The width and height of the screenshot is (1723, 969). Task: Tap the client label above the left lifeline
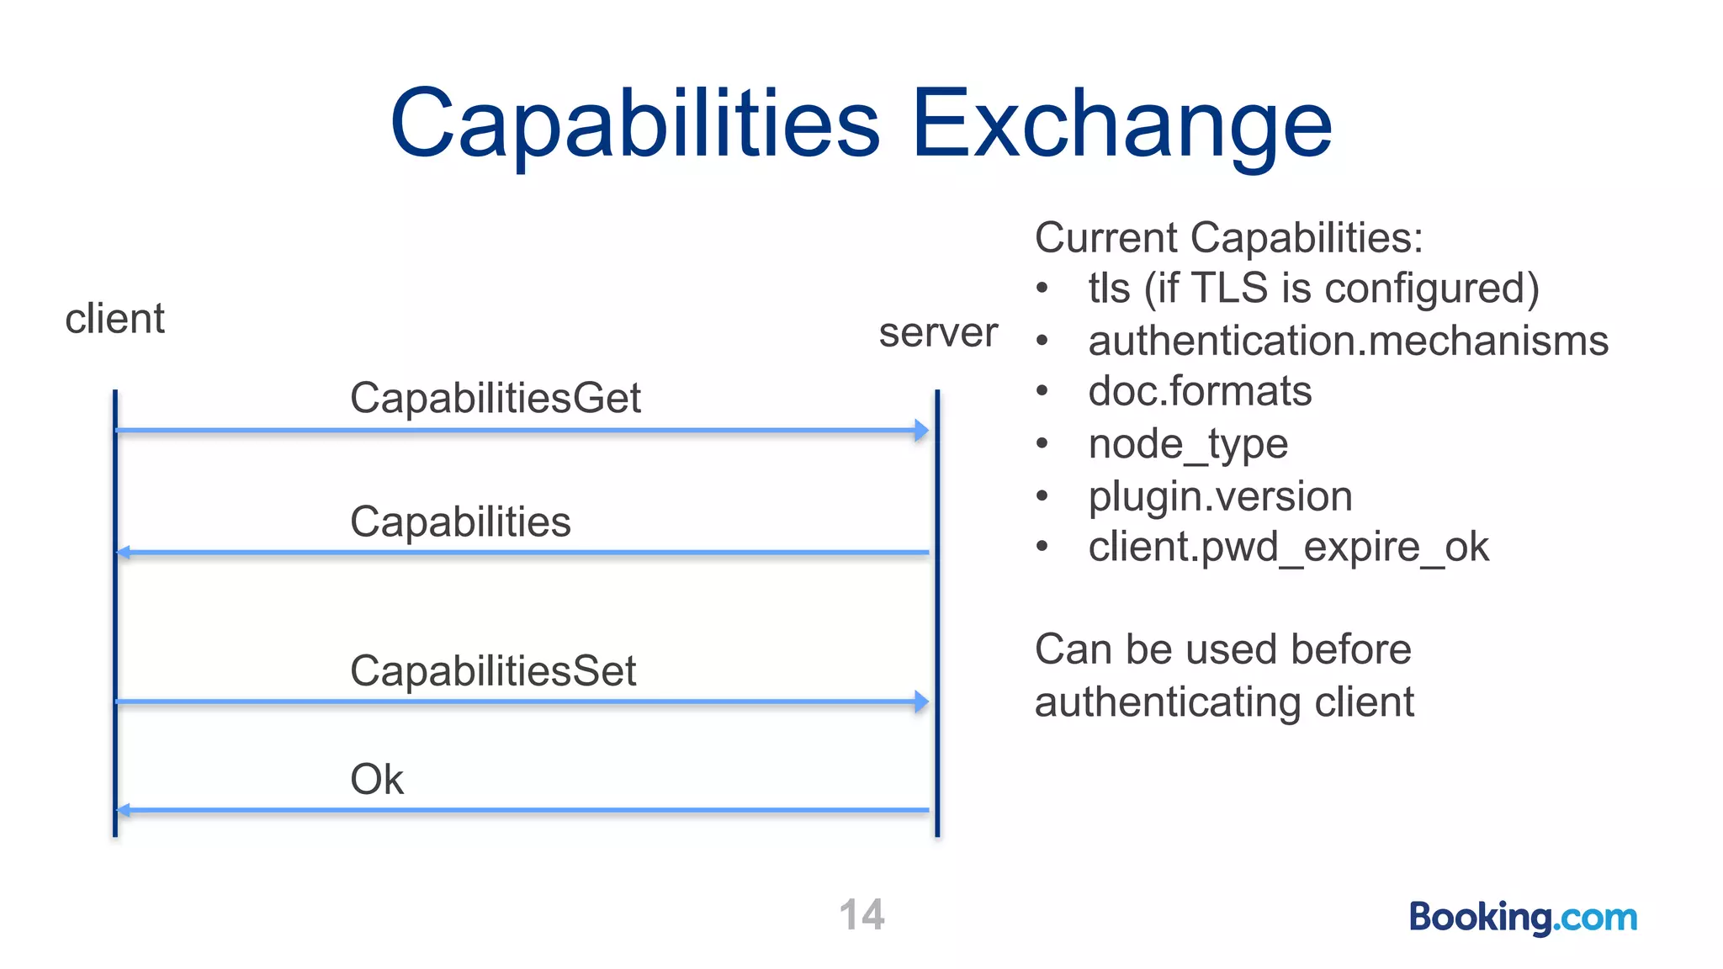pyautogui.click(x=114, y=319)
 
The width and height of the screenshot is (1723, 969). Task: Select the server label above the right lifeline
pyautogui.click(x=938, y=332)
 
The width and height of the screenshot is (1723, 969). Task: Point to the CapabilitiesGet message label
pyautogui.click(x=495, y=398)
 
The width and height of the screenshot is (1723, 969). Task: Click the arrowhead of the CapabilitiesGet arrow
pyautogui.click(x=922, y=431)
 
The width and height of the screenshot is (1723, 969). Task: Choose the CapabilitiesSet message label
pyautogui.click(x=493, y=671)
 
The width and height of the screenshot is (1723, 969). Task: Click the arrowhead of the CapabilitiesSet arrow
pyautogui.click(x=922, y=702)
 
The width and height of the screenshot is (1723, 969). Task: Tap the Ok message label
pyautogui.click(x=376, y=779)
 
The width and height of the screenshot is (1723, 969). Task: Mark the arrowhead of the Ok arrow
pyautogui.click(x=123, y=810)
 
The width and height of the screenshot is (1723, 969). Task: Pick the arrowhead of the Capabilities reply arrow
pyautogui.click(x=123, y=553)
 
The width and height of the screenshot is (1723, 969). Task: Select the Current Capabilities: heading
pyautogui.click(x=1228, y=237)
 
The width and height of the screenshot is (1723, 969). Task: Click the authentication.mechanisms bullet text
pyautogui.click(x=1348, y=341)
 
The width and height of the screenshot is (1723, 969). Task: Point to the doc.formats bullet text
pyautogui.click(x=1200, y=391)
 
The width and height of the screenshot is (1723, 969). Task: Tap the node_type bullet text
pyautogui.click(x=1188, y=444)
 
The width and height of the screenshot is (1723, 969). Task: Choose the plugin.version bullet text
pyautogui.click(x=1220, y=496)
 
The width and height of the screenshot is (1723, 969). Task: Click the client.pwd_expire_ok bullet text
pyautogui.click(x=1288, y=548)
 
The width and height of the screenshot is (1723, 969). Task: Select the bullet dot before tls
pyautogui.click(x=1042, y=289)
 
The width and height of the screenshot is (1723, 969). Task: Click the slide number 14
pyautogui.click(x=861, y=915)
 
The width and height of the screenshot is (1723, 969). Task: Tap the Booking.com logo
pyautogui.click(x=1523, y=917)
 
